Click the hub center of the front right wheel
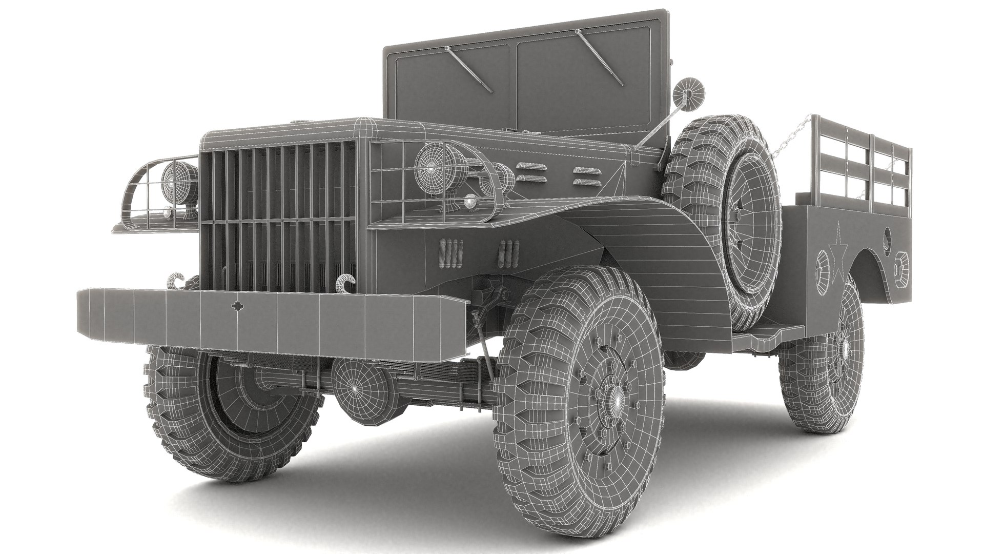tap(617, 397)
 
